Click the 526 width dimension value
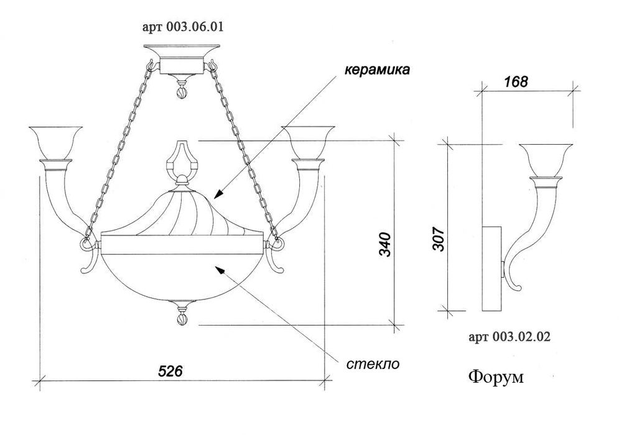[x=170, y=371]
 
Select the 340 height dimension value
[x=385, y=245]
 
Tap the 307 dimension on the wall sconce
[x=439, y=239]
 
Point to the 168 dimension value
[x=516, y=81]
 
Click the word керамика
[x=377, y=70]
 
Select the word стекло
[x=373, y=364]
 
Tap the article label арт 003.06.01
[x=183, y=27]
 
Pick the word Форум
[x=496, y=377]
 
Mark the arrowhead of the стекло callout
[x=219, y=269]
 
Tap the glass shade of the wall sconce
[x=546, y=160]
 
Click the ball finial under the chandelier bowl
[x=182, y=319]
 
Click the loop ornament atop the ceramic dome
[x=182, y=160]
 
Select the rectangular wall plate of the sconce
[x=492, y=268]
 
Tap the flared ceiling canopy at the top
[x=182, y=52]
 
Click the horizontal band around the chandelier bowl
[x=182, y=244]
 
